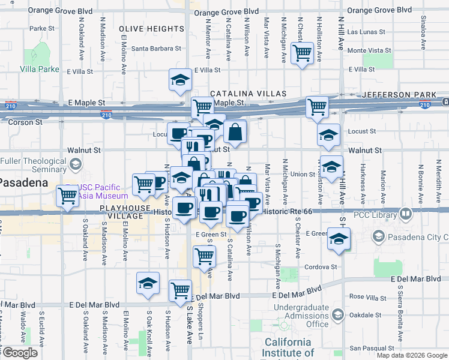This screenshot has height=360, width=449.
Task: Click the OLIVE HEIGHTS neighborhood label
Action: [x=151, y=29]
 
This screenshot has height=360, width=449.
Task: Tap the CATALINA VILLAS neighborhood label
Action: [x=248, y=94]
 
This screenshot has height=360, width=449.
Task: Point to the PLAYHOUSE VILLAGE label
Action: [x=125, y=208]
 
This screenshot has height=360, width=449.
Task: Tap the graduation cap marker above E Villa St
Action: [x=179, y=80]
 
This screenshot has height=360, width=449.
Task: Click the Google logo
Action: [x=20, y=353]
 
